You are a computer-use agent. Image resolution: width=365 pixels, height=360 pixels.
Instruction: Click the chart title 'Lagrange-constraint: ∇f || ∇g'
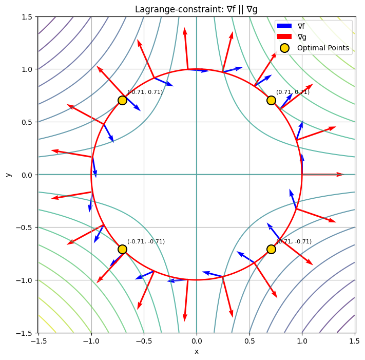point(197,9)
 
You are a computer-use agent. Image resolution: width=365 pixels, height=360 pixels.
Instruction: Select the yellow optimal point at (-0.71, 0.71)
point(122,100)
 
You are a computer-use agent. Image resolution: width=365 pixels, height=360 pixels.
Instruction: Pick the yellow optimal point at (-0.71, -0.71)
point(122,249)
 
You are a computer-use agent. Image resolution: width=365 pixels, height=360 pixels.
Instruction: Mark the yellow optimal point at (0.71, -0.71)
point(271,249)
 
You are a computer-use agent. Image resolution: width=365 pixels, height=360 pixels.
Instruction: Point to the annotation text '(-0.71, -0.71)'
point(146,241)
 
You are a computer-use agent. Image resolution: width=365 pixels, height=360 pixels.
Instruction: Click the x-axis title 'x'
point(197,352)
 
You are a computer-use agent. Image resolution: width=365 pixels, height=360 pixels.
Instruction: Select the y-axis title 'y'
point(8,175)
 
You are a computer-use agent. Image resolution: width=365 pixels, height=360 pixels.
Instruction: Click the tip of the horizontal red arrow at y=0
point(343,175)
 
